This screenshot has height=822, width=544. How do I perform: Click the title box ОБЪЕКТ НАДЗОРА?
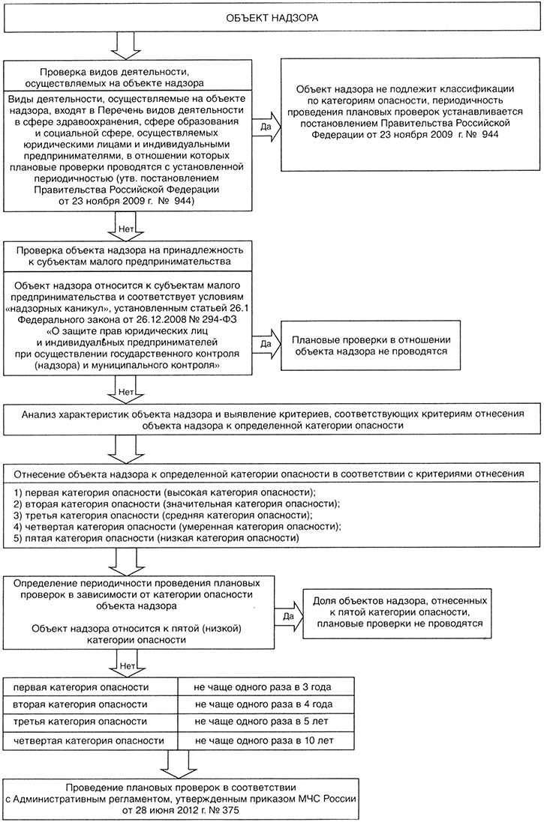(272, 18)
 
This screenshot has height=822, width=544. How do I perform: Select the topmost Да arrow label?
(266, 127)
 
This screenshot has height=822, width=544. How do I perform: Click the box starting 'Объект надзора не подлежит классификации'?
(410, 112)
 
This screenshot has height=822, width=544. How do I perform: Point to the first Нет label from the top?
(125, 229)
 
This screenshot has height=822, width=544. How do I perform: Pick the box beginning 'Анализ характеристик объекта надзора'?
(272, 420)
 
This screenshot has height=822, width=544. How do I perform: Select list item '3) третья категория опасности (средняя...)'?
(160, 516)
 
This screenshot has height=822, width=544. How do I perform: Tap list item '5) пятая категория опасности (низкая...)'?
(157, 539)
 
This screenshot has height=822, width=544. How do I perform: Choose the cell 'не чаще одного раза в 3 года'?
(263, 686)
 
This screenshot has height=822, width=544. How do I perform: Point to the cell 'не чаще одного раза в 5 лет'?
(262, 722)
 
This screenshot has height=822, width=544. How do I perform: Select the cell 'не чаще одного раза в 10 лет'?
(263, 741)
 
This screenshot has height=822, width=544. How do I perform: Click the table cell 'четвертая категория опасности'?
(89, 741)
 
